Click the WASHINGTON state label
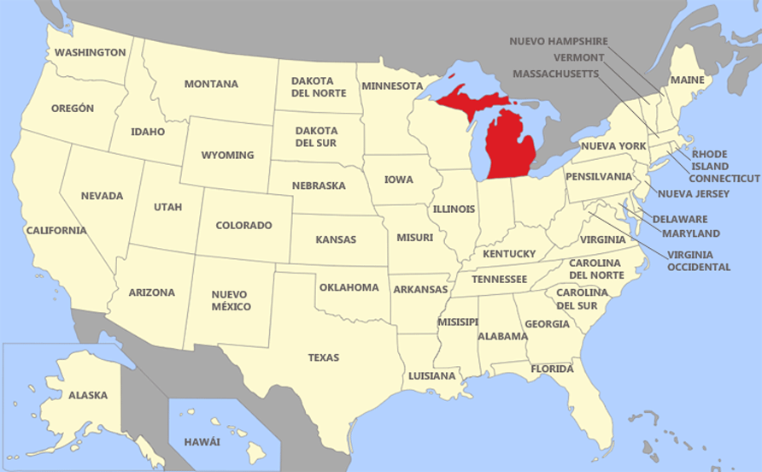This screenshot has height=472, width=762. (90, 52)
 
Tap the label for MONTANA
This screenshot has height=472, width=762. (211, 84)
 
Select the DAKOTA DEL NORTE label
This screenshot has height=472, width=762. (319, 86)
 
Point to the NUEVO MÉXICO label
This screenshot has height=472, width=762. (231, 299)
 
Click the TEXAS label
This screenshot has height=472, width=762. (324, 357)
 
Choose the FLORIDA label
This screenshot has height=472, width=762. (552, 369)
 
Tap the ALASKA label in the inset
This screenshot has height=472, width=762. (88, 395)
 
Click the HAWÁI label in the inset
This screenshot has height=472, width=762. (202, 441)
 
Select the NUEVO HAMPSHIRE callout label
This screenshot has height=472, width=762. (559, 41)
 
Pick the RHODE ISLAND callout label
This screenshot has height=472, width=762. (710, 160)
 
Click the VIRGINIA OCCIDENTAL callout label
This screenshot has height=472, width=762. (699, 261)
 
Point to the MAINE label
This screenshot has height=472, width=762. (687, 80)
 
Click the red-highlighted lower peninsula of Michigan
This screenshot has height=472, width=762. (510, 145)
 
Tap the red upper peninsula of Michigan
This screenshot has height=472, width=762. (468, 101)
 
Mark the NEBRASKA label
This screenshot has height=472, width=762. (319, 185)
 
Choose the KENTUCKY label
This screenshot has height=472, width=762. (509, 253)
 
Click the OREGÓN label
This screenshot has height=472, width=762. (73, 109)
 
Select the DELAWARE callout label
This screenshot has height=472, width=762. (679, 219)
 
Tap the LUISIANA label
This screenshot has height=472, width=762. (431, 375)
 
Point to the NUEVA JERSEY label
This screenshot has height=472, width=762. (694, 194)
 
